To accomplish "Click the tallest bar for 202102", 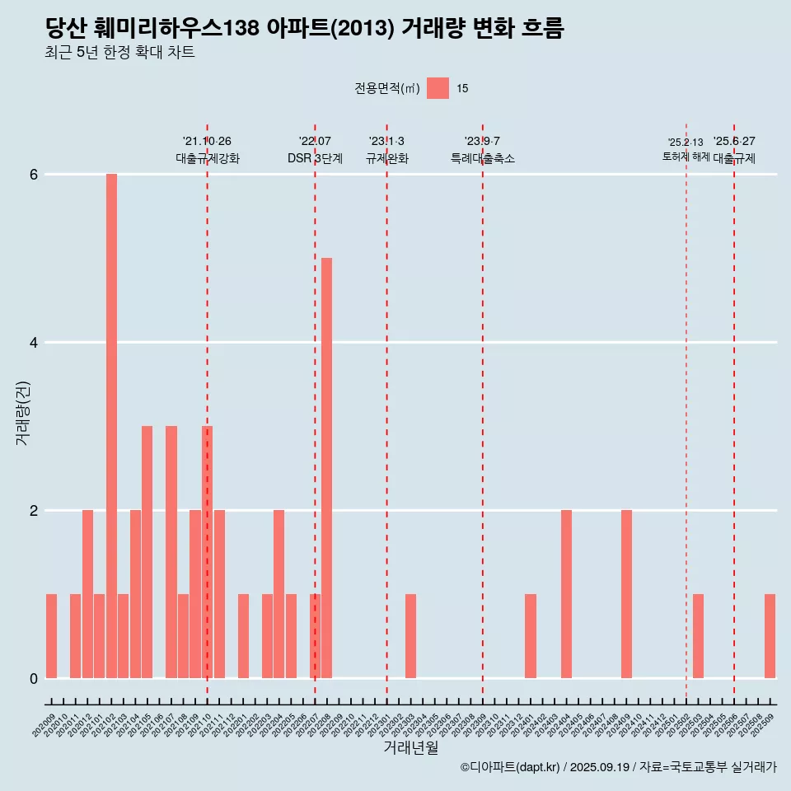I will [111, 426].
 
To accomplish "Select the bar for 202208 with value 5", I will [326, 468].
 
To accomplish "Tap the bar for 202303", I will [410, 636].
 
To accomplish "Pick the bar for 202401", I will [531, 636].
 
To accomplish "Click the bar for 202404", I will [566, 594].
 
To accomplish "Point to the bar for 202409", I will [626, 594].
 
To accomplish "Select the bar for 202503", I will [698, 636].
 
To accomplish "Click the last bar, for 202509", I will [770, 636].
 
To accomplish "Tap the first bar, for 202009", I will [51, 636].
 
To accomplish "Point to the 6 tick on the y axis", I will [34, 175].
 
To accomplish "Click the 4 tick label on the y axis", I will [34, 343].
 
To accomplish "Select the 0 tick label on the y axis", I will [34, 678].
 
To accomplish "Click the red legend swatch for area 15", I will [438, 88].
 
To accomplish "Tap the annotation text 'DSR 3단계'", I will [315, 158].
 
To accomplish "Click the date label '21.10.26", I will [207, 142].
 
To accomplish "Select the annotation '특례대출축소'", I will [482, 158].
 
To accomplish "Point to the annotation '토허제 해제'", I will [686, 156].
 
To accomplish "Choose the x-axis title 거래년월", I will [410, 747].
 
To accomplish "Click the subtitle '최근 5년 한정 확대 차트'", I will [119, 53].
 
